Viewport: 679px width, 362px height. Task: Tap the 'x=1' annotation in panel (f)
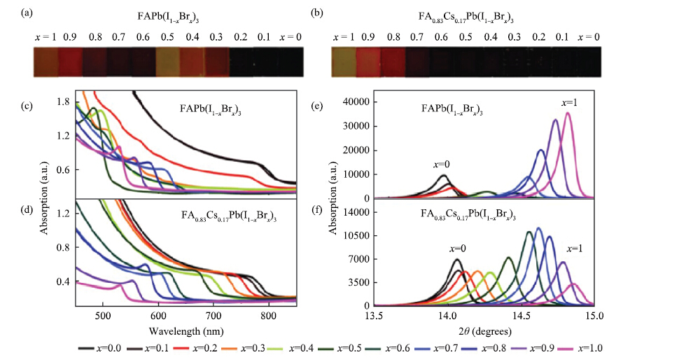[576, 249]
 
